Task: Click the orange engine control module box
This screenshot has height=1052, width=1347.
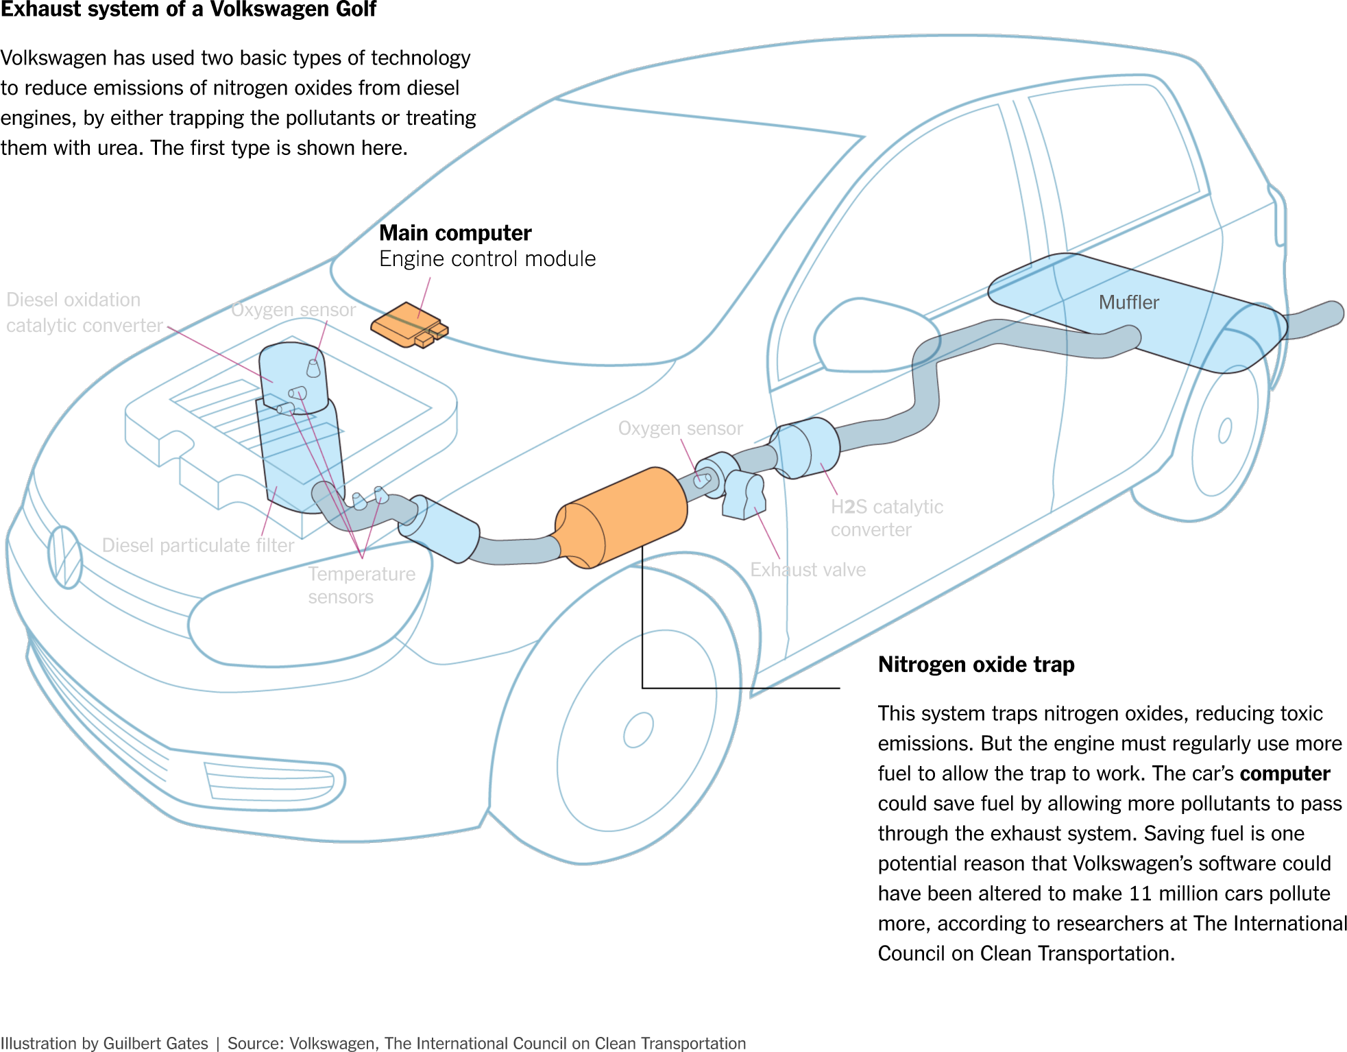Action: tap(407, 324)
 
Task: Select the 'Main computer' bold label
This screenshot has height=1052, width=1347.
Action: tap(455, 233)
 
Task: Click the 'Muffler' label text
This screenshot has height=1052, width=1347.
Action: tap(1128, 302)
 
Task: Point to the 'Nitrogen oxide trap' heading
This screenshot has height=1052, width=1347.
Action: tap(976, 664)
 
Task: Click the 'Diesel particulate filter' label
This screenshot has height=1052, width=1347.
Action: tap(197, 545)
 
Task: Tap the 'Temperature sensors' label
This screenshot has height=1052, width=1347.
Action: tap(361, 585)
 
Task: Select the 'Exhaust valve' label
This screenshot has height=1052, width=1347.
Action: tap(808, 570)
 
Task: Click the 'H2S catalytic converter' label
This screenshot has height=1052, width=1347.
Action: tap(886, 518)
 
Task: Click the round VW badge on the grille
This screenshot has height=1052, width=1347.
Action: tap(65, 557)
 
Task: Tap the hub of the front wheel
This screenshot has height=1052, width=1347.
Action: tap(638, 730)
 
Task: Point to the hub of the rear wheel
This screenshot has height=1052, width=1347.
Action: tap(1225, 431)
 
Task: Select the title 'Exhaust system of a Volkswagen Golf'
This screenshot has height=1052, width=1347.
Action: tap(189, 10)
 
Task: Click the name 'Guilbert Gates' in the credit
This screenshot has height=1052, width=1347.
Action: tap(156, 1043)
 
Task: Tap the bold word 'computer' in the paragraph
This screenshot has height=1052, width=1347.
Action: tap(1285, 774)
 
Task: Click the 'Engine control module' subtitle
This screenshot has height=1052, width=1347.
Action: tap(487, 259)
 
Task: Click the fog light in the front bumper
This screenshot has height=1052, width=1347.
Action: tap(274, 781)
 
